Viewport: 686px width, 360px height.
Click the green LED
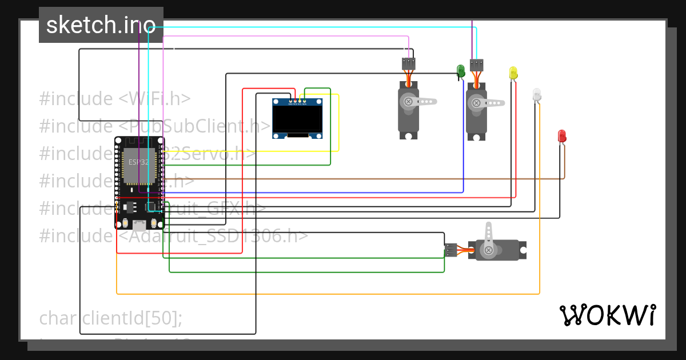(x=461, y=70)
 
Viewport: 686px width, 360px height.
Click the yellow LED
(x=513, y=73)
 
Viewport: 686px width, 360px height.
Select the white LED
(x=536, y=94)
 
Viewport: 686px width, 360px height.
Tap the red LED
(x=562, y=135)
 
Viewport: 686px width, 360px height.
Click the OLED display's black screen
(x=297, y=119)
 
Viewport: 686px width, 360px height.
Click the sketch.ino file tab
(x=101, y=25)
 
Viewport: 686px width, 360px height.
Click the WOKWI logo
(x=607, y=315)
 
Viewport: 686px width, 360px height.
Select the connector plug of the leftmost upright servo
(x=408, y=63)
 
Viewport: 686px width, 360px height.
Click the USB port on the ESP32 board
(x=139, y=224)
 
